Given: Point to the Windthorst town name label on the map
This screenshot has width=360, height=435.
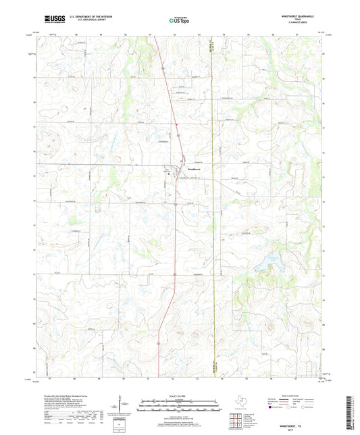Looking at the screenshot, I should tap(187, 168).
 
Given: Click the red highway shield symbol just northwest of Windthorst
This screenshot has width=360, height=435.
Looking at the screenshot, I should tap(167, 170).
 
